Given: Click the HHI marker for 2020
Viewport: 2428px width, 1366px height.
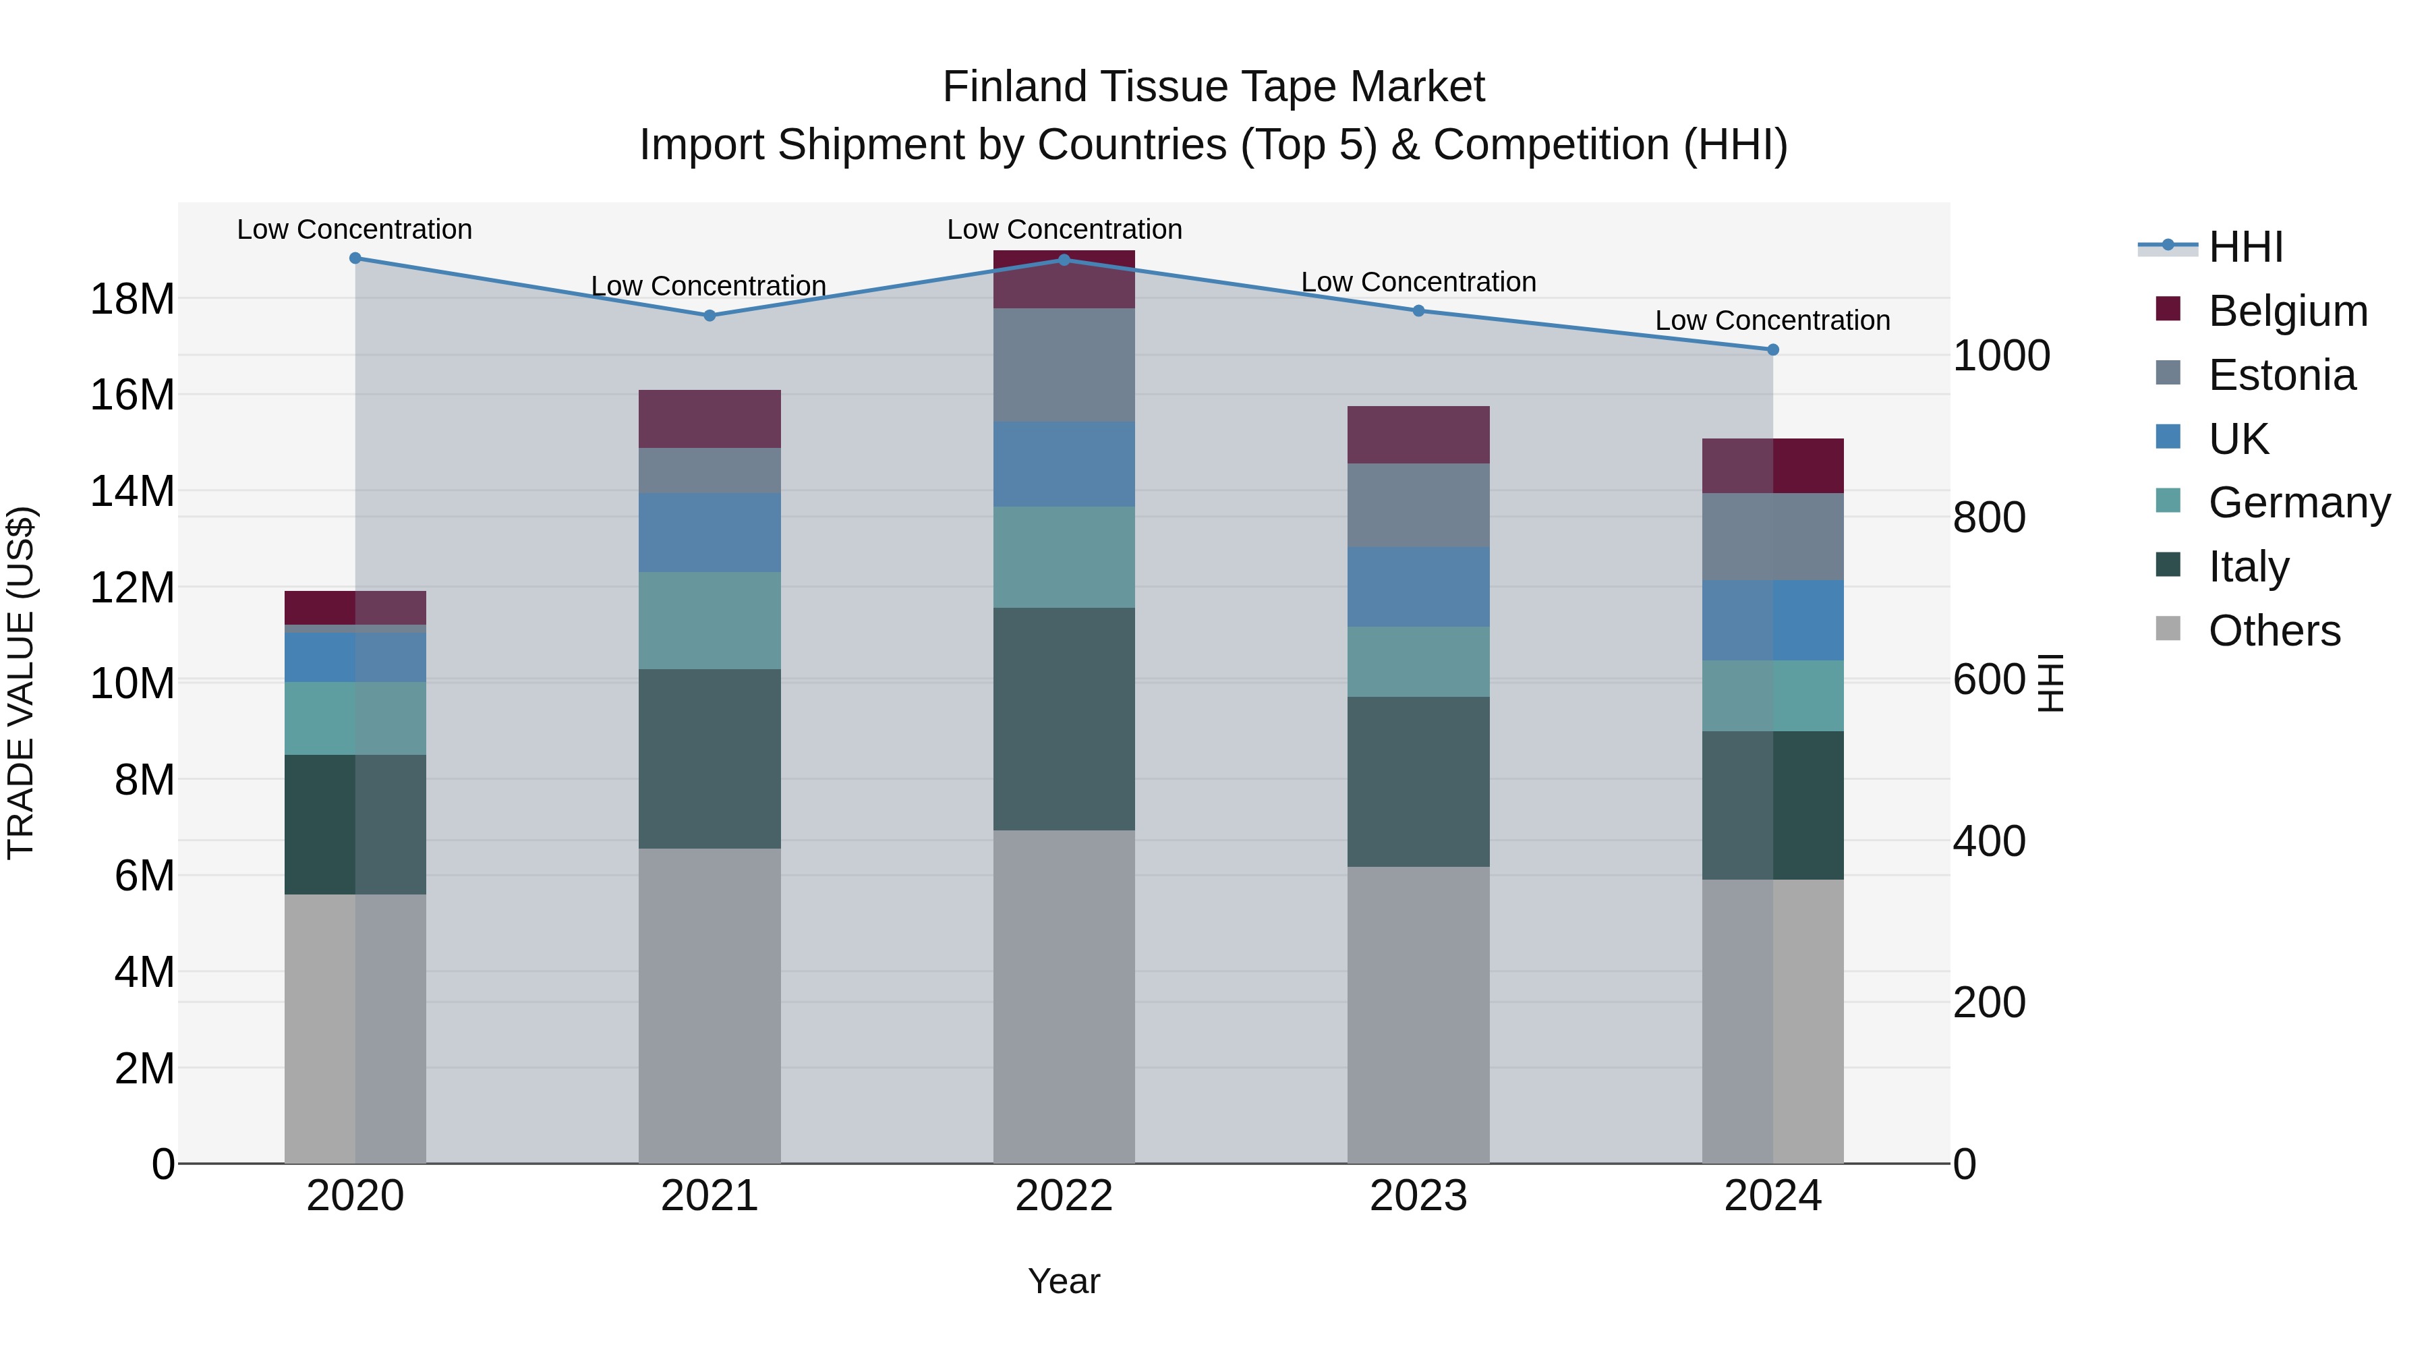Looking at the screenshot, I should [355, 258].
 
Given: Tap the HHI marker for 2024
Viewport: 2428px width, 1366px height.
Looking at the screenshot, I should [1773, 349].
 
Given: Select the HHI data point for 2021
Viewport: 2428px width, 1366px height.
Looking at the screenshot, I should [710, 316].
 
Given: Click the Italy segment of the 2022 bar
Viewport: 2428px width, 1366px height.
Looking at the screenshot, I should [1064, 718].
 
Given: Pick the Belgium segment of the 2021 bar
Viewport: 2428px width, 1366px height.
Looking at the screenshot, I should [710, 418].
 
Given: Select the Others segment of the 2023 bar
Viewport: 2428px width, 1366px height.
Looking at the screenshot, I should [1418, 1015].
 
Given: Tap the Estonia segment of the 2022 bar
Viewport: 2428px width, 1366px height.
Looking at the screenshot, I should [1064, 365].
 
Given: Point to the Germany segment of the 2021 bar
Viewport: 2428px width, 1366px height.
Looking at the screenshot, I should [710, 621].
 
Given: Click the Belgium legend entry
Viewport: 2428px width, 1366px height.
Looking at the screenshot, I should [2288, 311].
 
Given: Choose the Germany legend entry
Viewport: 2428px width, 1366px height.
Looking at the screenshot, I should [2299, 503].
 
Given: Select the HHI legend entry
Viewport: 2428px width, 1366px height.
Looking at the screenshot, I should [2245, 247].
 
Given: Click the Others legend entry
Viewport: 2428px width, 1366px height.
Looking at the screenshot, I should [2274, 631].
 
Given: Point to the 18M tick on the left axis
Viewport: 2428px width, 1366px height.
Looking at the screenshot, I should [132, 300].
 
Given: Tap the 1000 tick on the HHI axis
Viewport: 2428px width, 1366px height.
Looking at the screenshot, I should [2001, 356].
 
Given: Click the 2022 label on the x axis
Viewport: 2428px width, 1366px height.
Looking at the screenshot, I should [1064, 1196].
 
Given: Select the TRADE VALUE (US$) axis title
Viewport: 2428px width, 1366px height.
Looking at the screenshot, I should [21, 683].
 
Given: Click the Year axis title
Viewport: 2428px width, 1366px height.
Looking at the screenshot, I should [1064, 1281].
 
